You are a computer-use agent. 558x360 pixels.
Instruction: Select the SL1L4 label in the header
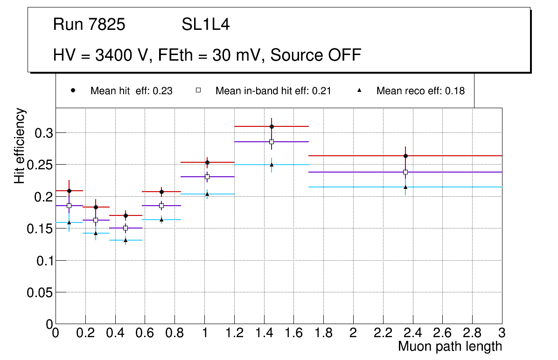[206, 25]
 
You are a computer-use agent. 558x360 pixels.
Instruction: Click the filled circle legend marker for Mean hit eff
[73, 90]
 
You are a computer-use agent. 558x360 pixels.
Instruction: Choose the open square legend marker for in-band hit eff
[198, 90]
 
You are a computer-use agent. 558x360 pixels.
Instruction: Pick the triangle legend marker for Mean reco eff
[359, 90]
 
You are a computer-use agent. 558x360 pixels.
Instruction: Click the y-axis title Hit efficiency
[20, 146]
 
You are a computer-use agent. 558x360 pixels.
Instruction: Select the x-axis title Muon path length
[450, 346]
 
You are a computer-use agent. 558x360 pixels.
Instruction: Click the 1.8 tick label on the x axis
[323, 332]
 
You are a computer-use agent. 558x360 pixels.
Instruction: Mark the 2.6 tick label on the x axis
[442, 332]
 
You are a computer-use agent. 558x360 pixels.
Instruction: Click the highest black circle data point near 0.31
[272, 126]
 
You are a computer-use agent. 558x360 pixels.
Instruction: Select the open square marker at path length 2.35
[405, 172]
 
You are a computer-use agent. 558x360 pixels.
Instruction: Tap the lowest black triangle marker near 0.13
[126, 240]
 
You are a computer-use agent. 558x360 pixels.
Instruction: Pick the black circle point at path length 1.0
[207, 162]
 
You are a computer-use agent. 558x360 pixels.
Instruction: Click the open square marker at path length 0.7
[161, 206]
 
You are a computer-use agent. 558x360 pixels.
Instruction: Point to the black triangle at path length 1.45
[272, 165]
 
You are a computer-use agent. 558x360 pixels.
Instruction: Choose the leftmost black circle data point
[69, 191]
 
